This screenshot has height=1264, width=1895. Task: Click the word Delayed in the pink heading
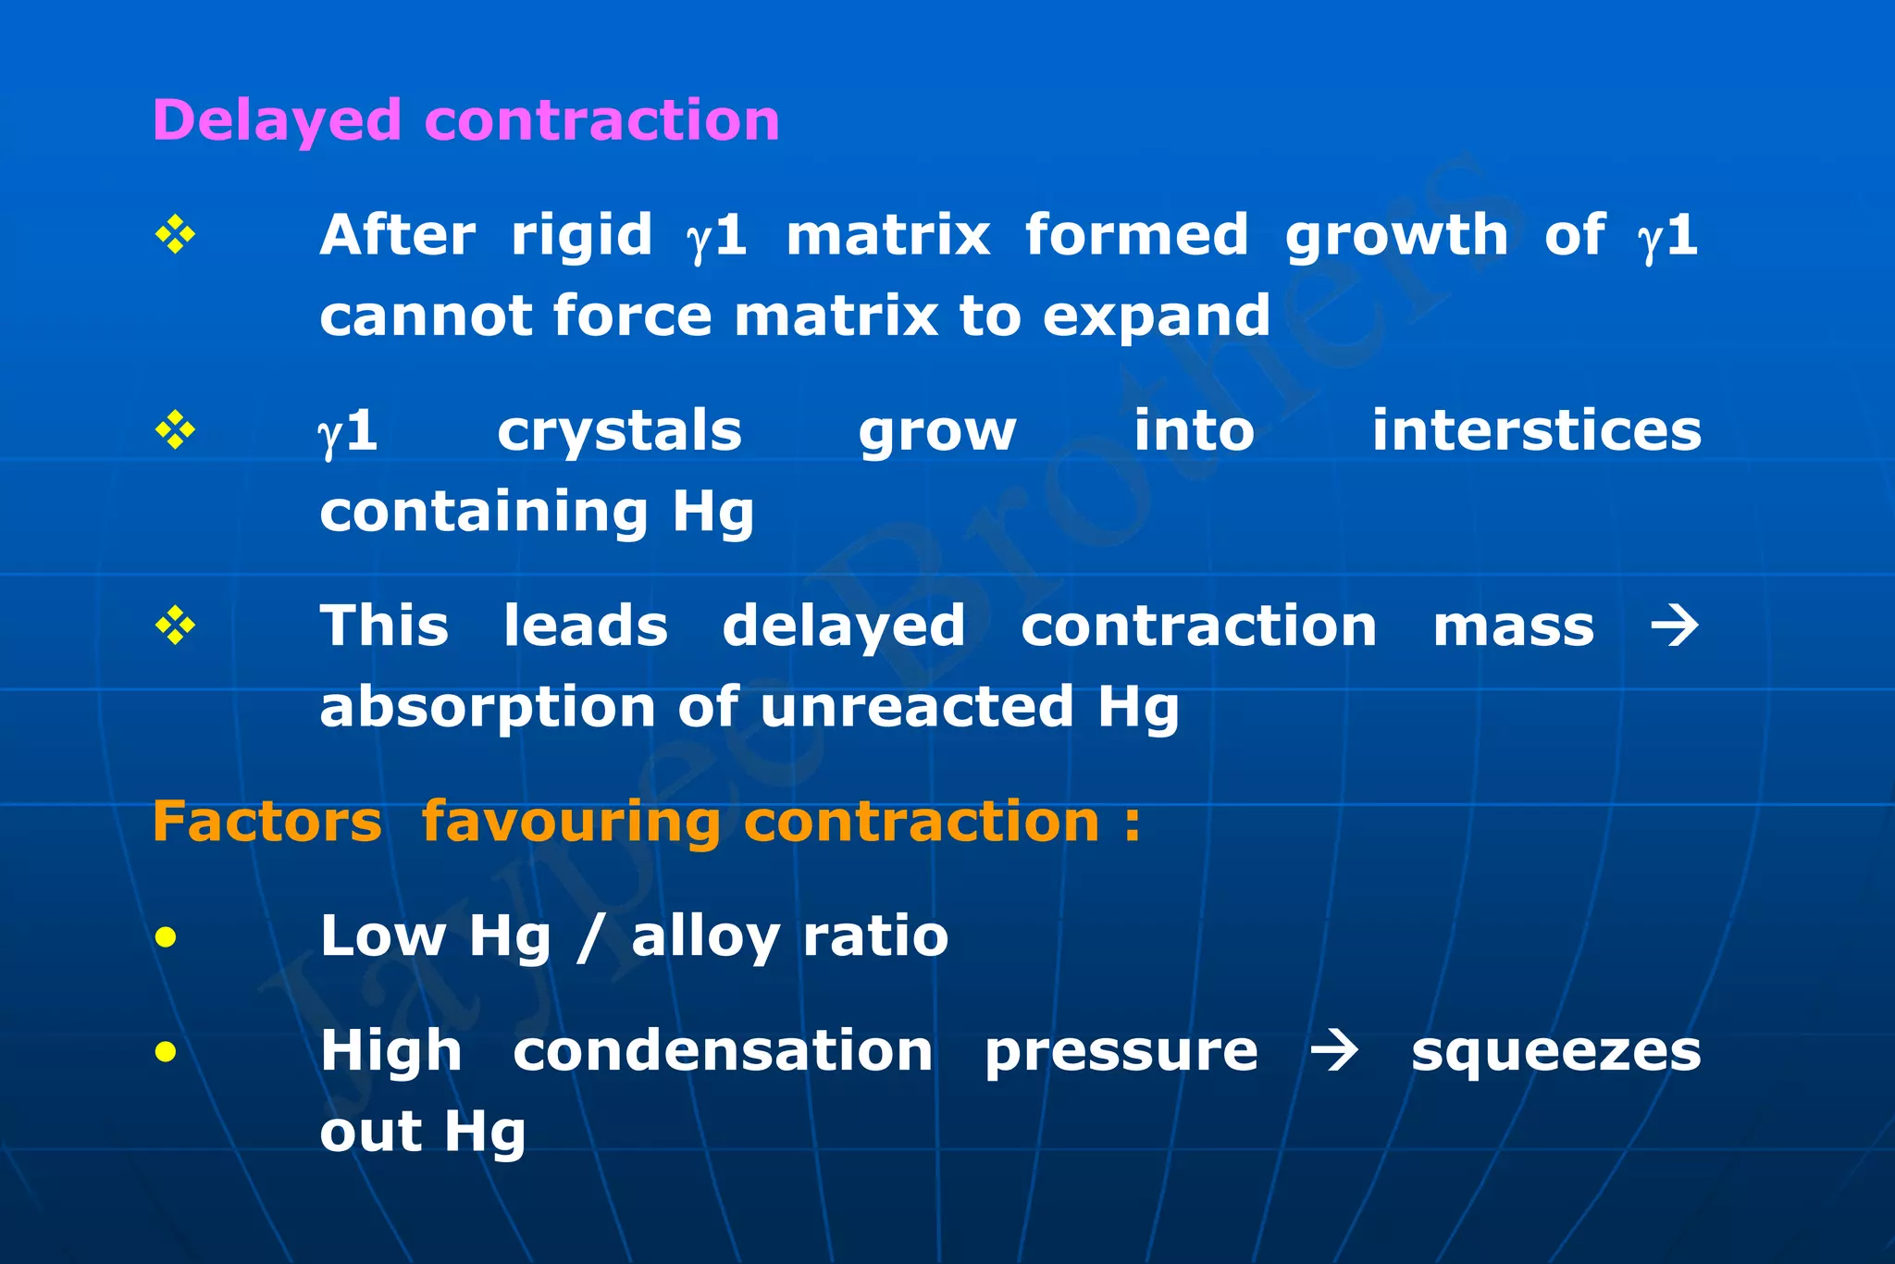point(277,121)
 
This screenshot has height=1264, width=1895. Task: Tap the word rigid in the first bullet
point(581,235)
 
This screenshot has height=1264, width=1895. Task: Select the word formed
point(1136,235)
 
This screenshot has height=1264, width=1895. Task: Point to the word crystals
point(619,431)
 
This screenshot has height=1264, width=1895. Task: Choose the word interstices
point(1536,431)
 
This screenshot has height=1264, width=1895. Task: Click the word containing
point(484,513)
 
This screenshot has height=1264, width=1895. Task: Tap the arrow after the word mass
point(1675,626)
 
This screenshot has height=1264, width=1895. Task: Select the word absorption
point(487,709)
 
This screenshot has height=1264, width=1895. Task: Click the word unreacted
point(917,708)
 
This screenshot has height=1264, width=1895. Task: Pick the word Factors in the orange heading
point(266,822)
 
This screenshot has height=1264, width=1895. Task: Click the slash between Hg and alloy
point(590,937)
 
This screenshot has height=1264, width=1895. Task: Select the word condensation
point(723,1052)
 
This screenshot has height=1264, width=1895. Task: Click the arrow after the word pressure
point(1333,1052)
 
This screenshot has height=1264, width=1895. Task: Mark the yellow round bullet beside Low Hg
point(167,938)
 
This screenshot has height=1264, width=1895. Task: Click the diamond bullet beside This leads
point(175,626)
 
